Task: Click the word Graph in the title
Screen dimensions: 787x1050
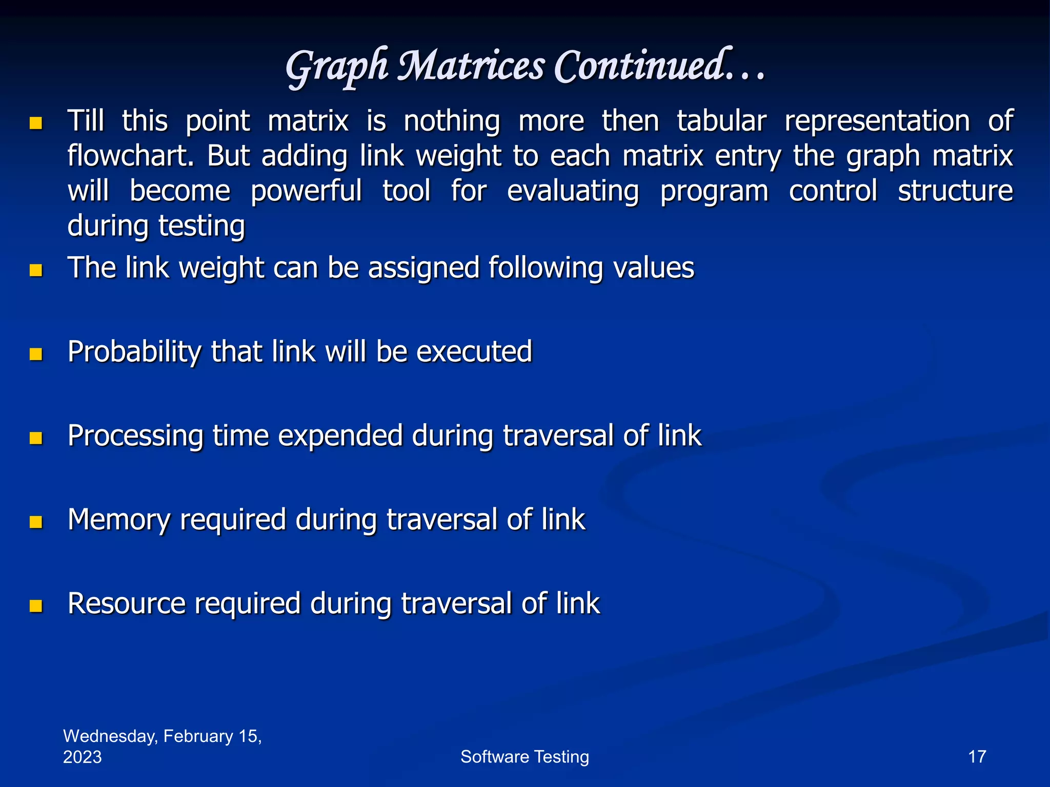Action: point(336,67)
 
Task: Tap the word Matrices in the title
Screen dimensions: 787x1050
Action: point(471,66)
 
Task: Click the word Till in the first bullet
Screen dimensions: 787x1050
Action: point(86,121)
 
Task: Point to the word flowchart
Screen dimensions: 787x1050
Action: point(130,156)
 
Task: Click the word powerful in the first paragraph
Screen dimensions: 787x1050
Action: point(306,191)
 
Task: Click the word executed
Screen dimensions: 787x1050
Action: point(474,351)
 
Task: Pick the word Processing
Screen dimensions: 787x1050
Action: point(135,436)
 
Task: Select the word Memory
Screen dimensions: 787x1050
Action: point(119,520)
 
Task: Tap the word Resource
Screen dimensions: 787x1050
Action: point(126,604)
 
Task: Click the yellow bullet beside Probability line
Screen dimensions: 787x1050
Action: point(36,354)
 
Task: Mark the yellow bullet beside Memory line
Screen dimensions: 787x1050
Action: point(36,522)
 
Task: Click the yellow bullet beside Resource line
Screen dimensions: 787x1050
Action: point(36,606)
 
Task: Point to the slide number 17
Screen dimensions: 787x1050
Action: point(977,757)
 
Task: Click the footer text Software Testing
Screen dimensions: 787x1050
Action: point(524,757)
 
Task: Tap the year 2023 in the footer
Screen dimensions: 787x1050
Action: point(82,757)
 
